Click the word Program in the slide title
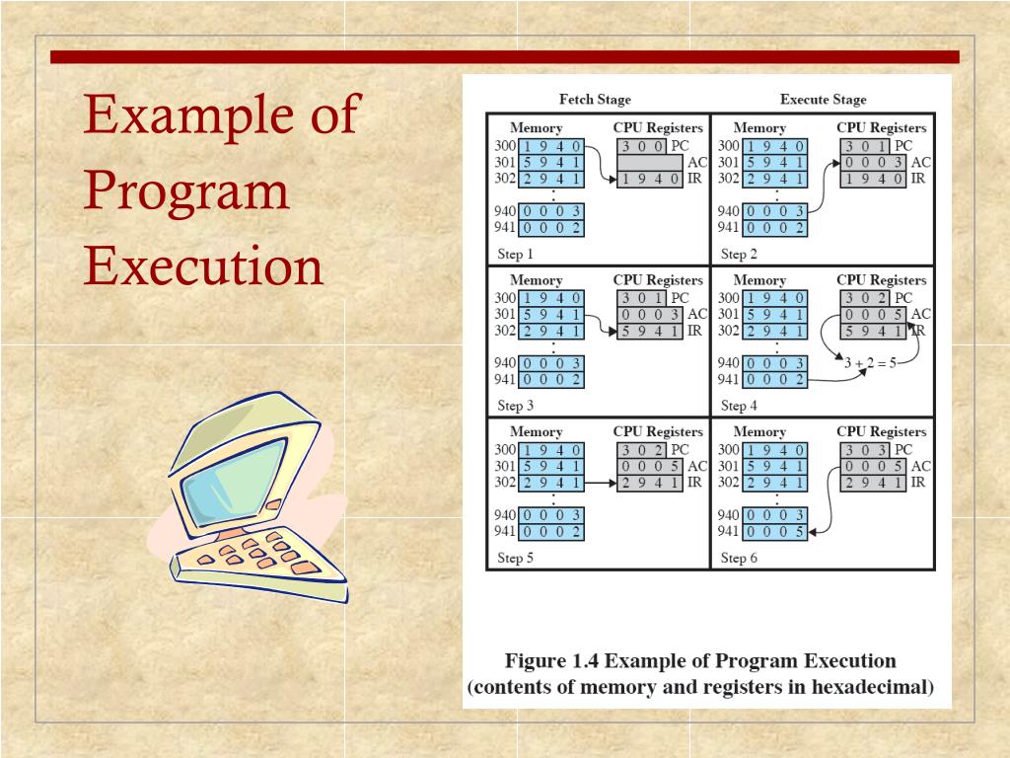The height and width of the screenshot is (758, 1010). tap(186, 189)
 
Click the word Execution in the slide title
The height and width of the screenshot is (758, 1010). tap(203, 265)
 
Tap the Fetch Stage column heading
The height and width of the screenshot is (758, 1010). tap(595, 100)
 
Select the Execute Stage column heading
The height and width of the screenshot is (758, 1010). tap(823, 100)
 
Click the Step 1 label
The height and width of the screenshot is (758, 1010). tap(516, 254)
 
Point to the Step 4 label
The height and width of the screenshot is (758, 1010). tap(740, 406)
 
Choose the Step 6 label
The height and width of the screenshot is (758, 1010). tap(740, 558)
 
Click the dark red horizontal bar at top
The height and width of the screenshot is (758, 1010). tap(504, 57)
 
